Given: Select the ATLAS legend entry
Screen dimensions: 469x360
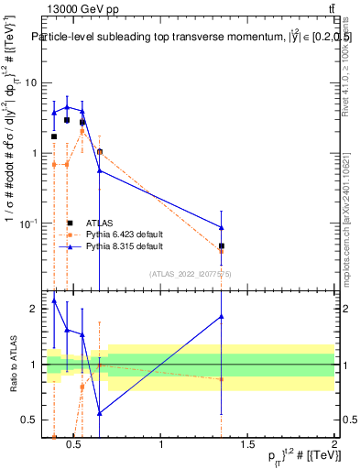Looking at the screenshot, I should click(x=98, y=223).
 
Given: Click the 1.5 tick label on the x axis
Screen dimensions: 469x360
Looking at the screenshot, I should click(x=247, y=444).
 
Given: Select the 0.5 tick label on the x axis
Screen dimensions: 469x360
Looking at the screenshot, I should click(x=75, y=444).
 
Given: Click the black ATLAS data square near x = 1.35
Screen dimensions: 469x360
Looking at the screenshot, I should click(x=222, y=245).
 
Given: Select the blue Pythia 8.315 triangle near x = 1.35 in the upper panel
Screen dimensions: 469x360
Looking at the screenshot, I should click(x=222, y=227).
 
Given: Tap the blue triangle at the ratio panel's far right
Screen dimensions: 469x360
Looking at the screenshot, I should click(x=222, y=317).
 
